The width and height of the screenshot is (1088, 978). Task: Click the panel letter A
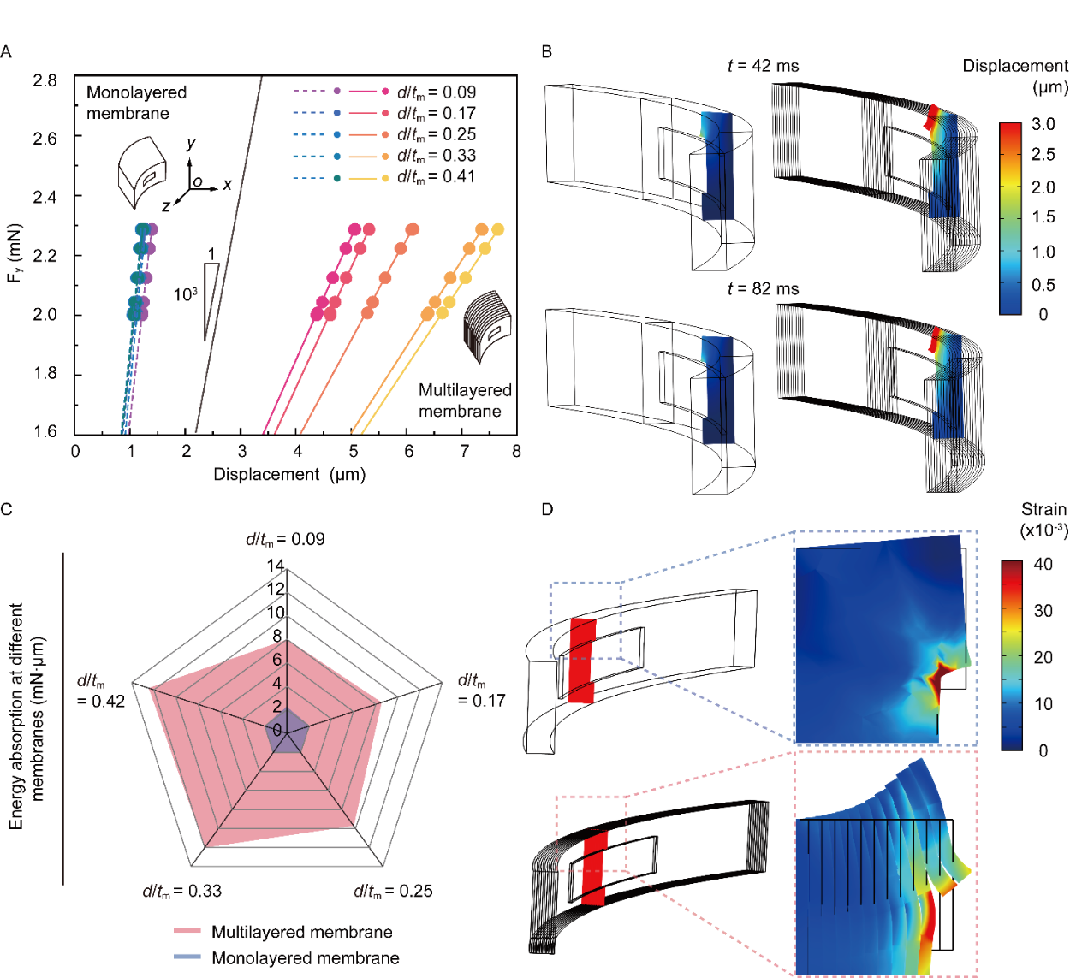(x=6, y=52)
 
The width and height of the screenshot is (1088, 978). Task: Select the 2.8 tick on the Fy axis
(x=45, y=80)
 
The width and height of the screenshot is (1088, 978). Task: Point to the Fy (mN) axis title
(x=14, y=253)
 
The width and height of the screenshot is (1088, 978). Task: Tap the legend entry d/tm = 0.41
(x=436, y=177)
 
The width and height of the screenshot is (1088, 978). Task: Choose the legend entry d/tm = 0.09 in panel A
(x=436, y=92)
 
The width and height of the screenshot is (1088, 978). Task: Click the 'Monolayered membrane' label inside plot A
(x=136, y=103)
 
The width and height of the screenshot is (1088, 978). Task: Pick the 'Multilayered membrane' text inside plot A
(x=464, y=400)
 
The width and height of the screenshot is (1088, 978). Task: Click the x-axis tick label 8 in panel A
(x=516, y=451)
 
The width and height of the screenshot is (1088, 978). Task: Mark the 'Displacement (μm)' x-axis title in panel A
(x=289, y=475)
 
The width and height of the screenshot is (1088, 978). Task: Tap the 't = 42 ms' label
(x=763, y=66)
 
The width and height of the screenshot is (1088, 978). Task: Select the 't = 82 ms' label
(x=763, y=289)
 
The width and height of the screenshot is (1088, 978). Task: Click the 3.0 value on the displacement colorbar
(x=1043, y=125)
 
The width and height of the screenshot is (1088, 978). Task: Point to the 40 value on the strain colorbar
(x=1043, y=565)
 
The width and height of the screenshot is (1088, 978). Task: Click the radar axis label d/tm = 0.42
(x=101, y=691)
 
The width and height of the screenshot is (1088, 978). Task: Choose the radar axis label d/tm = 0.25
(x=393, y=892)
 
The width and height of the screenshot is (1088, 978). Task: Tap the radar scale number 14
(x=276, y=566)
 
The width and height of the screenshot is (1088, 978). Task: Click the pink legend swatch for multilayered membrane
(x=187, y=931)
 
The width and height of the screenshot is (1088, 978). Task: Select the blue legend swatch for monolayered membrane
(x=187, y=957)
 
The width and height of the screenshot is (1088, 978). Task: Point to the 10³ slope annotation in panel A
(x=185, y=295)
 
